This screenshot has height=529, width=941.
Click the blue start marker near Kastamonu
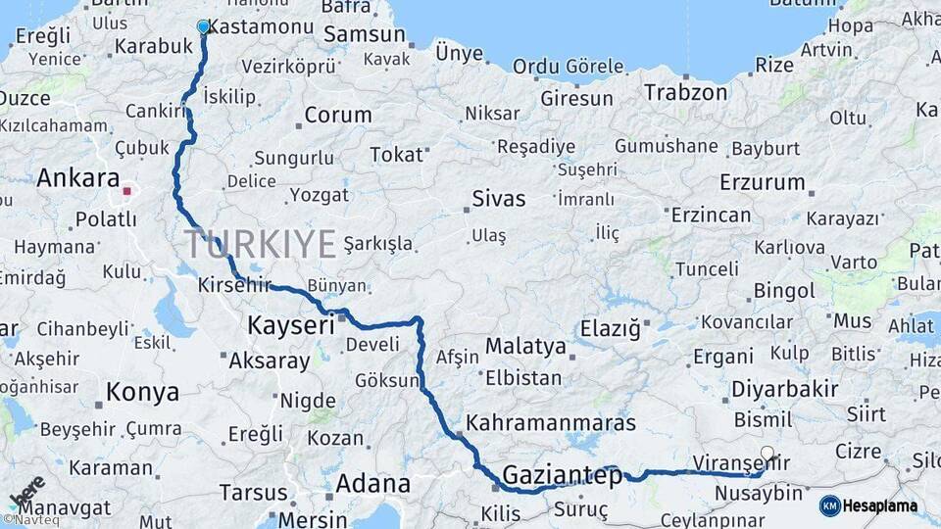click(x=203, y=26)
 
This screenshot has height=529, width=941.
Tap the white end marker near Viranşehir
click(x=768, y=454)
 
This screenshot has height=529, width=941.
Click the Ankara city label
click(x=77, y=179)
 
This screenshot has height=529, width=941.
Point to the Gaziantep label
click(x=562, y=476)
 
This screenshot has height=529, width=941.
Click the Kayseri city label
click(x=291, y=324)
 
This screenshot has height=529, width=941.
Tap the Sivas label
click(x=498, y=199)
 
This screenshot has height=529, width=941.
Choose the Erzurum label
click(x=762, y=182)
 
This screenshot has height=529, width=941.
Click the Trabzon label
click(x=686, y=93)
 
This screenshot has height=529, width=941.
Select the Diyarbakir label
click(x=784, y=389)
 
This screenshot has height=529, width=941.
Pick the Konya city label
click(x=142, y=393)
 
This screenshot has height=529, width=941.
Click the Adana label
click(x=372, y=483)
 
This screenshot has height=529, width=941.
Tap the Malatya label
click(x=525, y=346)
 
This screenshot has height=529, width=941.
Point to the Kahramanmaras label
click(x=551, y=424)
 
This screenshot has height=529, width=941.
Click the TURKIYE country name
click(x=260, y=244)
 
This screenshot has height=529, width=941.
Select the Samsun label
click(x=364, y=34)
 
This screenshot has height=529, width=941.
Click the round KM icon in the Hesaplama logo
click(x=830, y=505)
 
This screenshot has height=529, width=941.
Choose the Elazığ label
click(x=609, y=327)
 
